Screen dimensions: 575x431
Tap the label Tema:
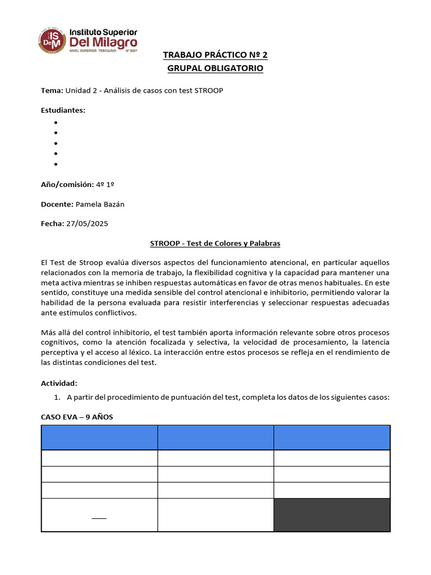(x=52, y=90)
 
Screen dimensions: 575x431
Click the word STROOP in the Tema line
(x=209, y=90)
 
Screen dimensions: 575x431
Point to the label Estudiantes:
(x=63, y=110)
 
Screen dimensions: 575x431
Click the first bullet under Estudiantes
(x=56, y=122)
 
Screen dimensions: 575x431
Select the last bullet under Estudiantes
(x=56, y=164)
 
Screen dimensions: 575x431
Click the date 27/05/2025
(x=87, y=223)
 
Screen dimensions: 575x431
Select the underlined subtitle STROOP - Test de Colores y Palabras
(x=215, y=243)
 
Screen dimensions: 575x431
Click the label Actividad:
(x=59, y=383)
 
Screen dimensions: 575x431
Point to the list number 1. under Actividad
(x=57, y=398)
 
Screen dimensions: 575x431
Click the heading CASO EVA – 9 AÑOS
(x=77, y=417)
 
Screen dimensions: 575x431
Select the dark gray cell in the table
(x=332, y=514)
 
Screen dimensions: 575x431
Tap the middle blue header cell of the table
(x=215, y=437)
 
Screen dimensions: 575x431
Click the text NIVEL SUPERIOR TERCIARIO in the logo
(x=93, y=51)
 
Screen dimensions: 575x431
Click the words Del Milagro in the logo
(x=103, y=42)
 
